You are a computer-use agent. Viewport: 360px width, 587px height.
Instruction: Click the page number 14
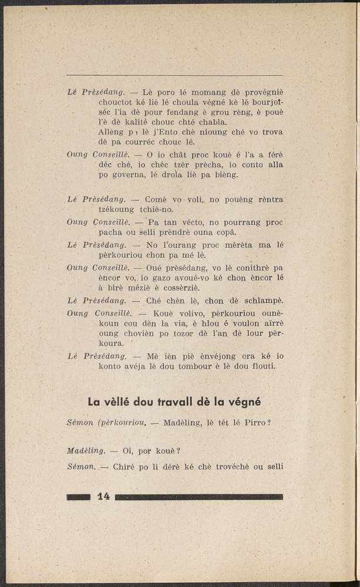pyautogui.click(x=103, y=497)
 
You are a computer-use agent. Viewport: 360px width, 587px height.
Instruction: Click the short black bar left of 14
pyautogui.click(x=79, y=497)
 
